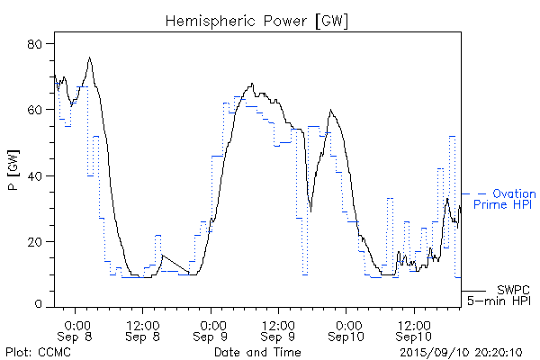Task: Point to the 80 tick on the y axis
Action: (x=40, y=43)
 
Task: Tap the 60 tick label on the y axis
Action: (x=40, y=110)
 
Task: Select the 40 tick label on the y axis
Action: (x=40, y=175)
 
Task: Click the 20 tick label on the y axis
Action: (x=40, y=241)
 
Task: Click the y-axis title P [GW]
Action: (x=13, y=175)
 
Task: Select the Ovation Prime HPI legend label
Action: (x=508, y=200)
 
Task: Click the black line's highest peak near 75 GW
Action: (x=89, y=58)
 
